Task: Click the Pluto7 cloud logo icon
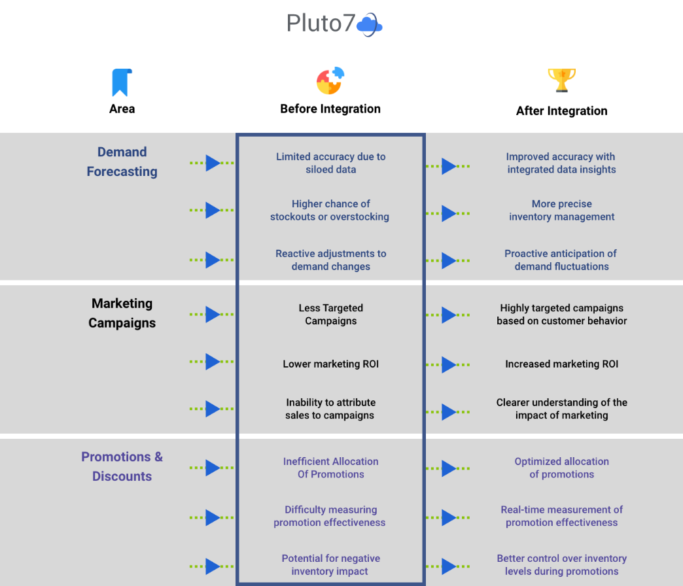click(x=370, y=25)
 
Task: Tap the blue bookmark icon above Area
click(x=122, y=82)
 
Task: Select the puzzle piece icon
click(x=330, y=81)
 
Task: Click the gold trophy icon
click(x=561, y=80)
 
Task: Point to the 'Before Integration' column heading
click(x=330, y=109)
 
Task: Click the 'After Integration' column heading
click(x=561, y=111)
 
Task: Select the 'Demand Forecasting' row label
click(x=122, y=162)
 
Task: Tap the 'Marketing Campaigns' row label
click(x=122, y=313)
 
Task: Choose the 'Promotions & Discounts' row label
click(x=122, y=466)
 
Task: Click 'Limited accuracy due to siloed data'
click(x=330, y=163)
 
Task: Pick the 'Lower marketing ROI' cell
click(x=330, y=364)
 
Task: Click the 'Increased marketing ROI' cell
click(x=561, y=364)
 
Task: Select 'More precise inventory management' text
click(x=561, y=210)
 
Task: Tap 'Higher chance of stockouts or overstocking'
click(x=330, y=210)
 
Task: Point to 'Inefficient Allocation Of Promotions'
click(x=330, y=468)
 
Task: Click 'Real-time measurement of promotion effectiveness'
click(x=561, y=516)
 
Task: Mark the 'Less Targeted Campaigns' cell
click(x=330, y=314)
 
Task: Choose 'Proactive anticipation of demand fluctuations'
click(x=561, y=260)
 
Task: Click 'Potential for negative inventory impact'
click(x=330, y=564)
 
